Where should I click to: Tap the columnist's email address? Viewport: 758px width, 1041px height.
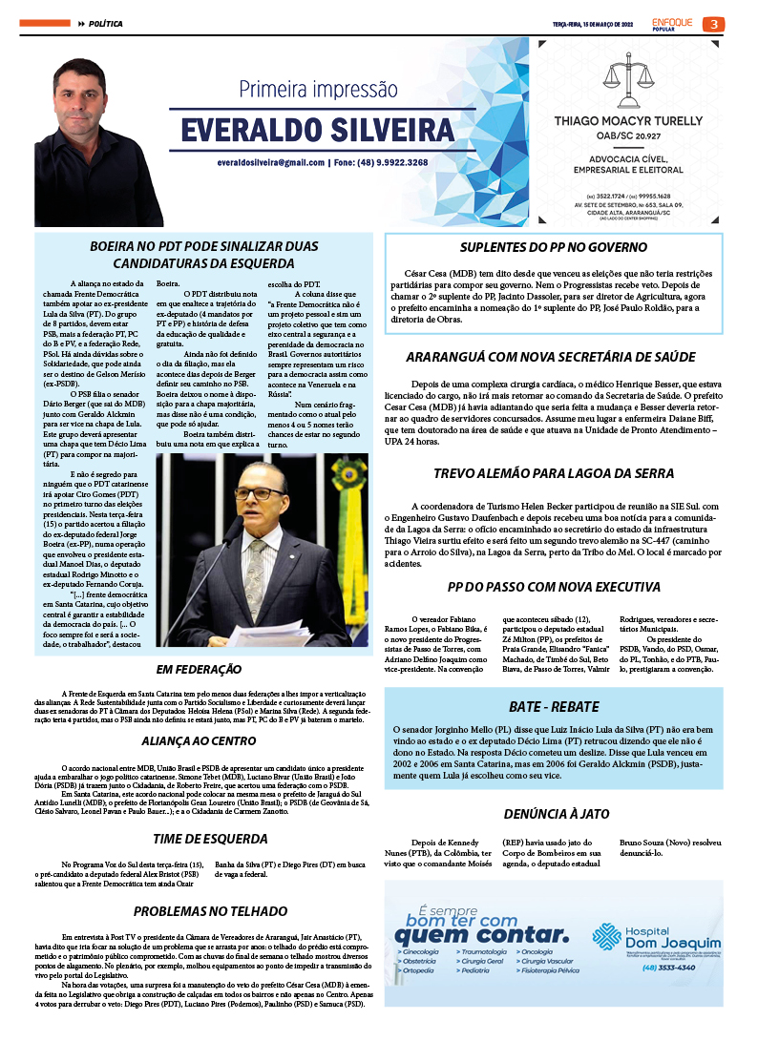click(x=271, y=163)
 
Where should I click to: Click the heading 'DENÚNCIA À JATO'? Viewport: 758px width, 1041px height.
click(x=554, y=814)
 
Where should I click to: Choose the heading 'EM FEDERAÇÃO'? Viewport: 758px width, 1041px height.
click(x=199, y=670)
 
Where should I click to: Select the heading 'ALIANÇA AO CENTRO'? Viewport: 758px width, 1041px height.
click(x=199, y=740)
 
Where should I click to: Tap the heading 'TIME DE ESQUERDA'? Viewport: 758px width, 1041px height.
click(x=199, y=839)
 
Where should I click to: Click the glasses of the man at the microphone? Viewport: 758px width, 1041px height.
click(x=260, y=493)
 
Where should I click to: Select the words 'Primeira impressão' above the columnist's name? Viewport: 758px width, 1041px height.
click(x=318, y=90)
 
